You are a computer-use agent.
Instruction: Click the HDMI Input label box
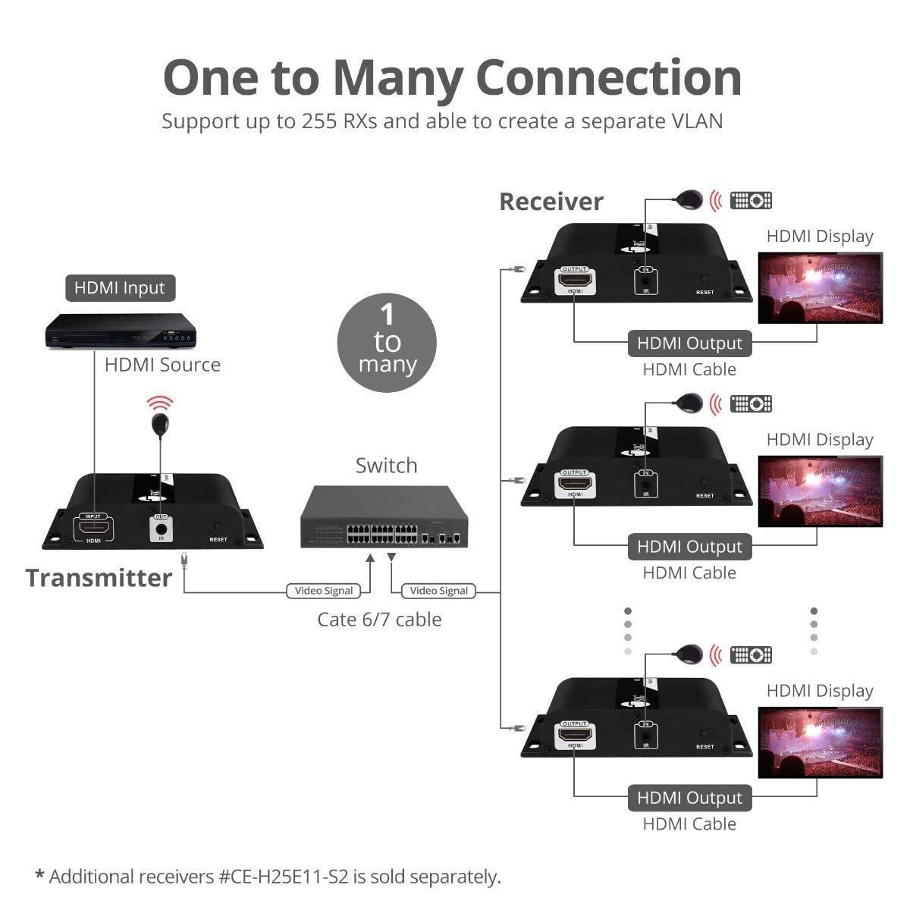[120, 288]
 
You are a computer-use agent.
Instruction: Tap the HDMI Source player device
[121, 331]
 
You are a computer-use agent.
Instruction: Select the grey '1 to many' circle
[387, 343]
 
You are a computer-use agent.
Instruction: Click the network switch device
[384, 518]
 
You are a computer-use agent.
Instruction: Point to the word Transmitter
[99, 578]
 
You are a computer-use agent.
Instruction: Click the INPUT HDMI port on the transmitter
[93, 526]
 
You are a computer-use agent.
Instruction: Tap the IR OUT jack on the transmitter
[161, 526]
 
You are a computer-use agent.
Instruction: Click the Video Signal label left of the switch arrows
[324, 591]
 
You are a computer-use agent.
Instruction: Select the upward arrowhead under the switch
[370, 558]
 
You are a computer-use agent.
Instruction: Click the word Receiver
[551, 202]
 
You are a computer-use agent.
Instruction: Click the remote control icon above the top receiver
[751, 200]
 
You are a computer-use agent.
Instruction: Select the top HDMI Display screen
[821, 288]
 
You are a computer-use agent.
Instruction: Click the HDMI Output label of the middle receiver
[689, 547]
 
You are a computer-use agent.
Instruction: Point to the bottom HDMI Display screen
[821, 742]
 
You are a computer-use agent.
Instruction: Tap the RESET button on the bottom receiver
[704, 733]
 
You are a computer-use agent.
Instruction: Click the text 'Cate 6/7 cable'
[379, 620]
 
